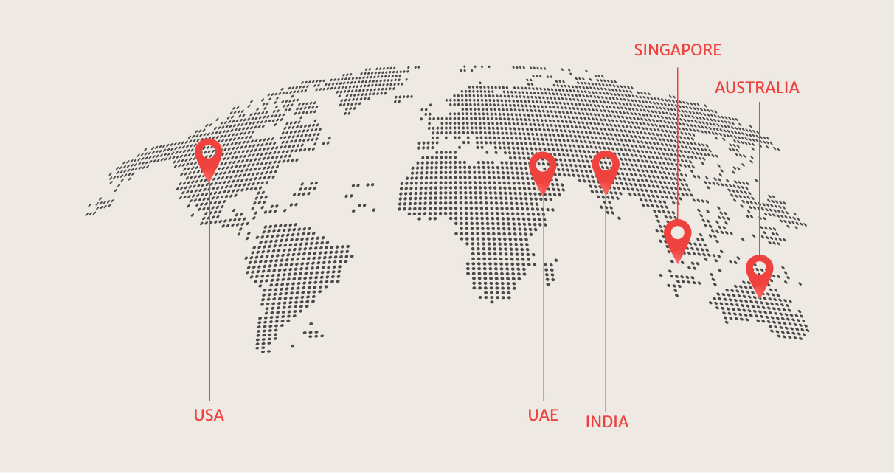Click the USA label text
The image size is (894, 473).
pyautogui.click(x=209, y=415)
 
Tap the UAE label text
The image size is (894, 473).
pyautogui.click(x=543, y=414)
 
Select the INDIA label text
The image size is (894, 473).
pyautogui.click(x=606, y=422)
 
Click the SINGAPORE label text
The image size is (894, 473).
pyautogui.click(x=678, y=50)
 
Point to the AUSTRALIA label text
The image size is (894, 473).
pyautogui.click(x=757, y=88)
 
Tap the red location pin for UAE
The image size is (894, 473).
pyautogui.click(x=543, y=170)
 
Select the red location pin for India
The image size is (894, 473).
pyautogui.click(x=606, y=169)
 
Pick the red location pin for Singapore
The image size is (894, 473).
pyautogui.click(x=677, y=238)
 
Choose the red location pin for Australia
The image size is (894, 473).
pyautogui.click(x=759, y=273)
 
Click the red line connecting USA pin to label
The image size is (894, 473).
pyautogui.click(x=209, y=295)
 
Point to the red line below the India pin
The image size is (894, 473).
pyautogui.click(x=606, y=310)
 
